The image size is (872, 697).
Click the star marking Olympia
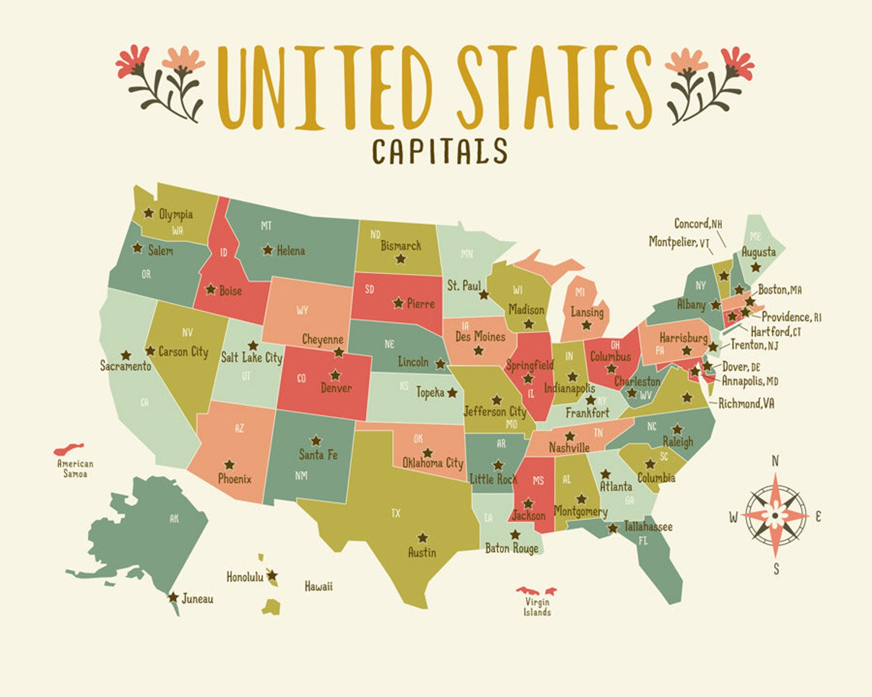click(148, 212)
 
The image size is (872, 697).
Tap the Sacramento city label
click(125, 366)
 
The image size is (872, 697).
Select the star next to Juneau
click(173, 597)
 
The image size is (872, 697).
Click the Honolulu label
click(244, 577)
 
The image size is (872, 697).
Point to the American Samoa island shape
click(69, 449)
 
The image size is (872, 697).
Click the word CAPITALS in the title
click(439, 151)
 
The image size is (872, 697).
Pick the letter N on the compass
click(775, 461)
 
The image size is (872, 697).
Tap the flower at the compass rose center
click(775, 515)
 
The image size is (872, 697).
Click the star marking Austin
click(422, 537)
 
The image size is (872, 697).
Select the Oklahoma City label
click(433, 463)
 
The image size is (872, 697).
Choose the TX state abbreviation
click(396, 513)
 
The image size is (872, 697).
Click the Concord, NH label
click(698, 224)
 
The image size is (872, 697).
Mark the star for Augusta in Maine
click(756, 267)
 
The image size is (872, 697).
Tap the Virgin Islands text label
click(537, 607)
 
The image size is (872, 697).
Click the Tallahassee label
click(648, 527)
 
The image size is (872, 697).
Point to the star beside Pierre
click(398, 302)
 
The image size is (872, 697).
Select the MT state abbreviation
click(266, 226)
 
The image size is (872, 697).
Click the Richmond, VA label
click(746, 404)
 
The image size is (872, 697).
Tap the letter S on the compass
click(776, 569)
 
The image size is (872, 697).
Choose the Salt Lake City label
click(251, 358)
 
